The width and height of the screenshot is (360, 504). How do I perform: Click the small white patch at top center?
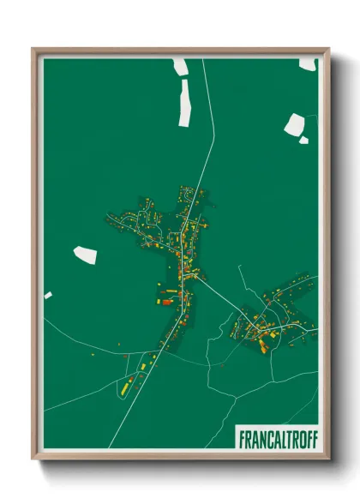pyautogui.click(x=181, y=67)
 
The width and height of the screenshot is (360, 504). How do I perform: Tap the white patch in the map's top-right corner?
pyautogui.click(x=307, y=63)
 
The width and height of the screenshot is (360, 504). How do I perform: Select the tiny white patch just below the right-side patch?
pyautogui.click(x=303, y=140)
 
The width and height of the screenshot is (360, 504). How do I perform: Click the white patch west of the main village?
pyautogui.click(x=86, y=254)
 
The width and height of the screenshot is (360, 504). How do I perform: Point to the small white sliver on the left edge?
pyautogui.click(x=48, y=296)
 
